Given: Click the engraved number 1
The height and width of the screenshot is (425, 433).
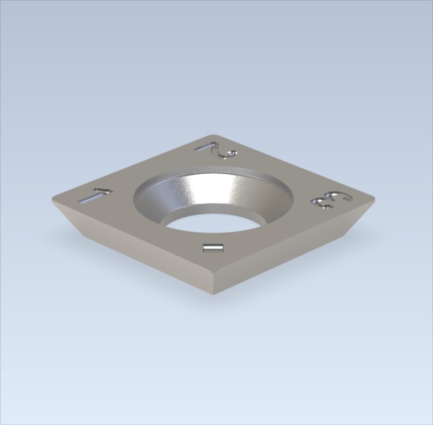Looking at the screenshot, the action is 95,196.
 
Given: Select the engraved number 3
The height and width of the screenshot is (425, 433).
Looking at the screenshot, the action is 332,200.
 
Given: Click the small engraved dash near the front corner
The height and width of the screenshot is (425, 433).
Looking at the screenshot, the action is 213,248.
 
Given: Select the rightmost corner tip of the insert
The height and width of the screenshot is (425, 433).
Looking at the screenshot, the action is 374,198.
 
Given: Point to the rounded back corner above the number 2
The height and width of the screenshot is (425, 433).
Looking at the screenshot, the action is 212,135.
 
